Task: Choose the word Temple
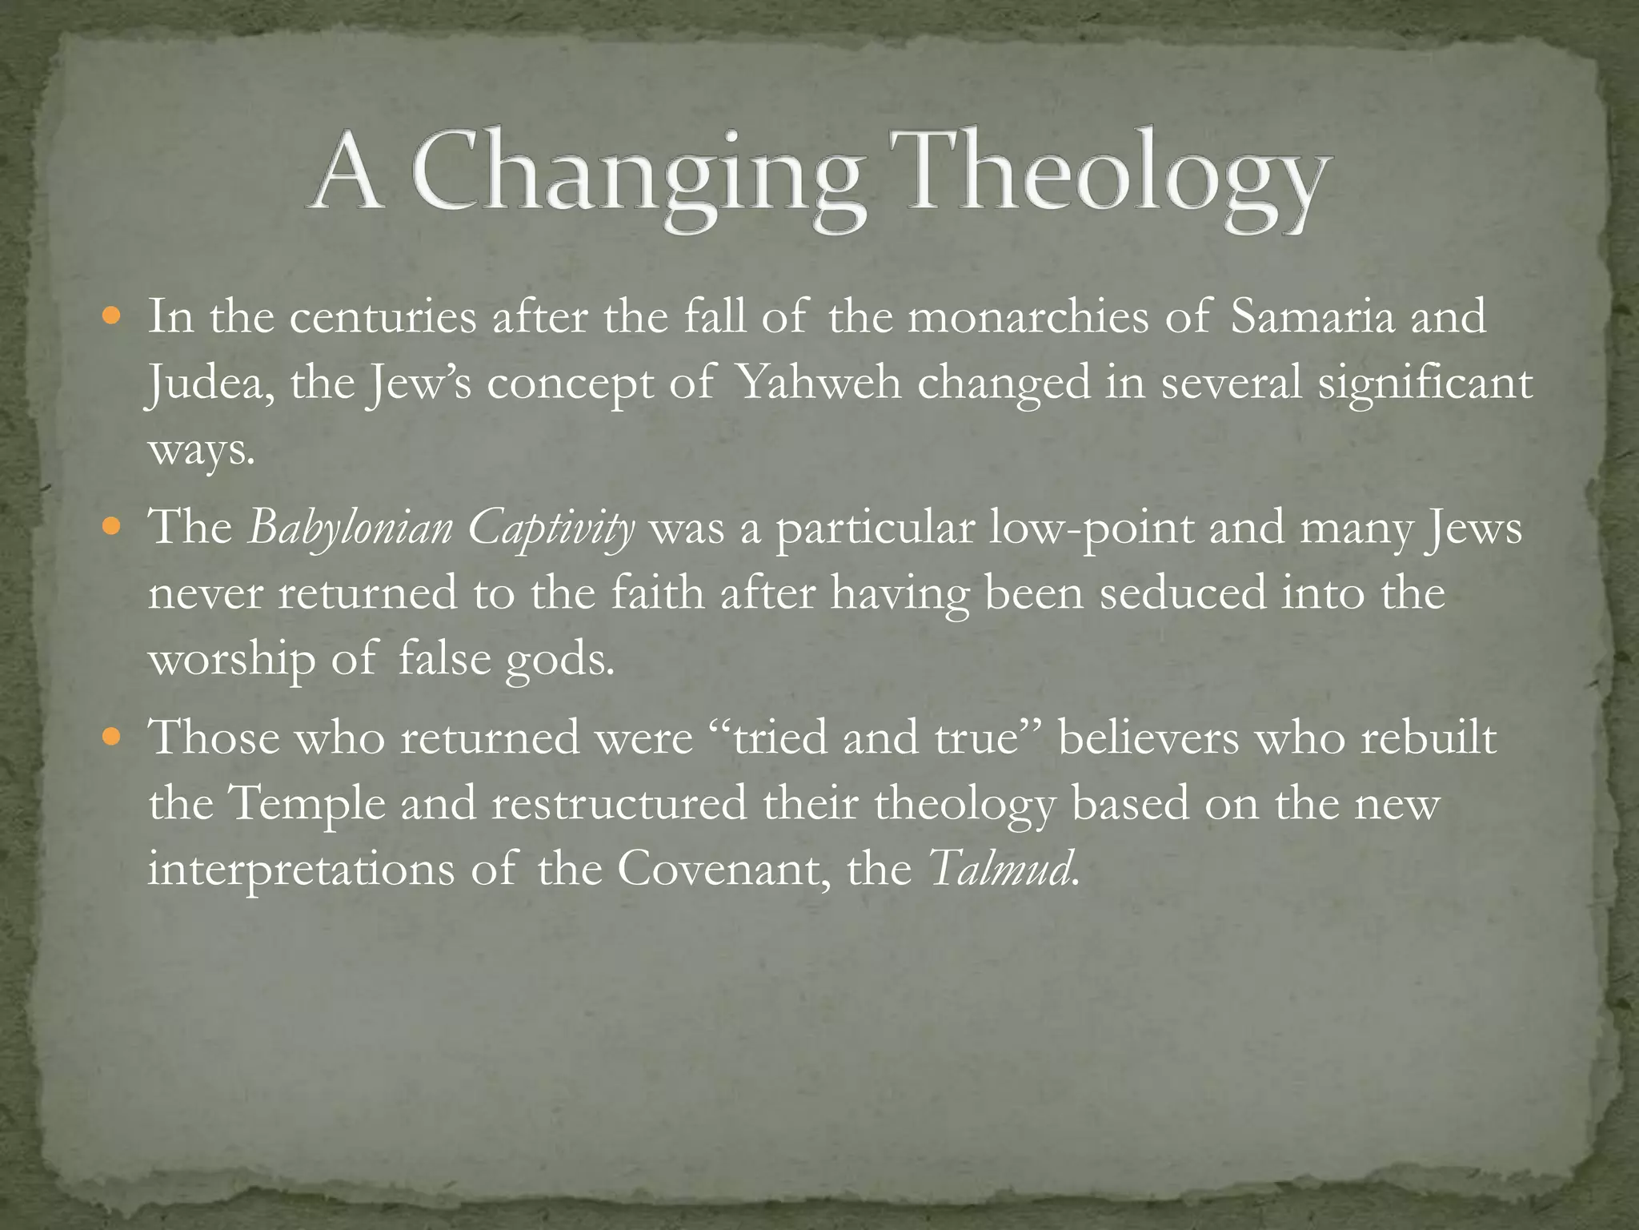[x=307, y=804]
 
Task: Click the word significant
[x=1425, y=384]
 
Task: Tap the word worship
[x=231, y=661]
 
